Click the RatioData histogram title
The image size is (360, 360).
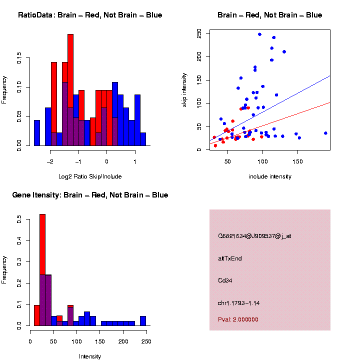tap(90, 15)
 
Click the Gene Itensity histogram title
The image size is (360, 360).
tap(90, 195)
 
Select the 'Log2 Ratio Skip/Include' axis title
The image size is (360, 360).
tap(90, 176)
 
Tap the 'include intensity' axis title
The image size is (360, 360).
tap(270, 176)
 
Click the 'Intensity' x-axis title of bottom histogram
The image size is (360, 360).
tap(90, 356)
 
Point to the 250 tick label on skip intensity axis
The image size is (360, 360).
tap(199, 33)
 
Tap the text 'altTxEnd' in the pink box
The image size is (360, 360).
tap(230, 258)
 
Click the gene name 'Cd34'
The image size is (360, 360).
tap(225, 280)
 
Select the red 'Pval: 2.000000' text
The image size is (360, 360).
tap(238, 319)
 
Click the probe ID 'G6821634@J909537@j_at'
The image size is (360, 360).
tap(254, 236)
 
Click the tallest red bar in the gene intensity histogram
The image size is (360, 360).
tap(42, 250)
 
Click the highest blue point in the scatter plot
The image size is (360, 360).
tap(259, 34)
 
